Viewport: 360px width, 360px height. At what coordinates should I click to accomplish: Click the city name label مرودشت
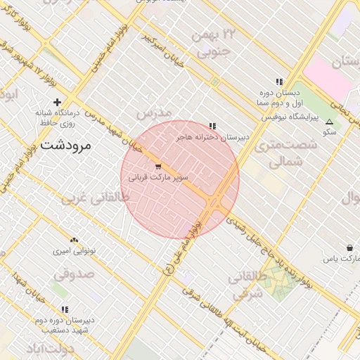66,146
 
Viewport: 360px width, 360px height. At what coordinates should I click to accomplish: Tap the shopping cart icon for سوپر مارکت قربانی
157,167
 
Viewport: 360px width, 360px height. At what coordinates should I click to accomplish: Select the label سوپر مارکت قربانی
158,179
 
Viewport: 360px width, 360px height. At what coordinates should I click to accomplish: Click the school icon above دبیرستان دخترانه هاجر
213,126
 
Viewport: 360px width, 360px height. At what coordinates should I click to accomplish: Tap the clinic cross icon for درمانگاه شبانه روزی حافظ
58,102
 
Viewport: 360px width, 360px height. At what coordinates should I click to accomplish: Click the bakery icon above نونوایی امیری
75,240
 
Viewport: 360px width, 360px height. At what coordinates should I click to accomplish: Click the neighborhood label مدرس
154,113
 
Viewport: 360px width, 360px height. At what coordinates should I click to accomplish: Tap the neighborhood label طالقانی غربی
96,198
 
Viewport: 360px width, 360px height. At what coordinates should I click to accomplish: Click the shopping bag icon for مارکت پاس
349,247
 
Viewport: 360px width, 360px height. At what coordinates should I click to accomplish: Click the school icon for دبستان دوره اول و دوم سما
279,82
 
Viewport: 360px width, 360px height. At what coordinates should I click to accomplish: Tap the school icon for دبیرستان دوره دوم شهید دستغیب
65,309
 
